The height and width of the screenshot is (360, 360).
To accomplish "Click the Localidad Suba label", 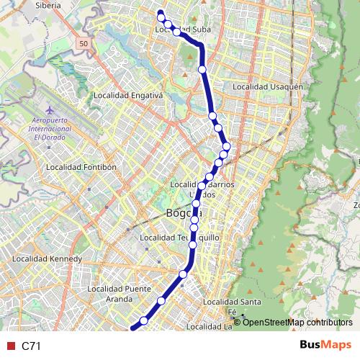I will (183, 30).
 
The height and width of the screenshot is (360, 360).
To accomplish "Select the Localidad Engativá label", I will (129, 95).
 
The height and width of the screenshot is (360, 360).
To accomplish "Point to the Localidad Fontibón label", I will (81, 166).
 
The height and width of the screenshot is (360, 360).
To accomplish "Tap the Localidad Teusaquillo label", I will (179, 237).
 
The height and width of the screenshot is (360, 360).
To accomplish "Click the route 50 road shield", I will (84, 44).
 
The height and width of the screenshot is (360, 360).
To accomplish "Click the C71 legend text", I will (32, 346).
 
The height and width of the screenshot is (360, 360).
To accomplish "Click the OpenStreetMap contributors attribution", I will (297, 322).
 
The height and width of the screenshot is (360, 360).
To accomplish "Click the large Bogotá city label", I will (184, 213).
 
